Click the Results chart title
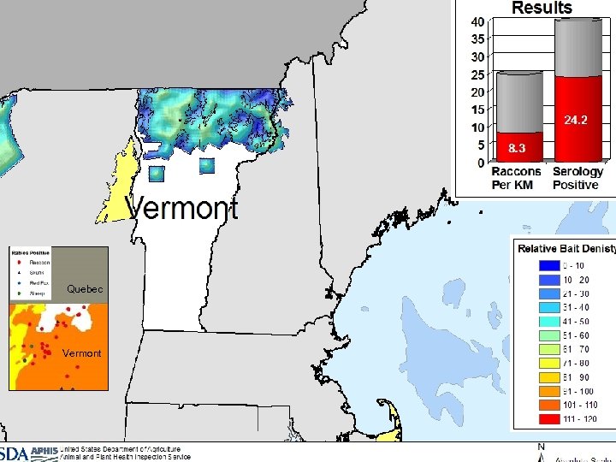542,8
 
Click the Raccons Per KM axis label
516,178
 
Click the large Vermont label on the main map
183,207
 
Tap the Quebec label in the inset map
85,289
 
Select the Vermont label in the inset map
81,352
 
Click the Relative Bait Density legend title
566,249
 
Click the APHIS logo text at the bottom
43,452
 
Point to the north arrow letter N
540,447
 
